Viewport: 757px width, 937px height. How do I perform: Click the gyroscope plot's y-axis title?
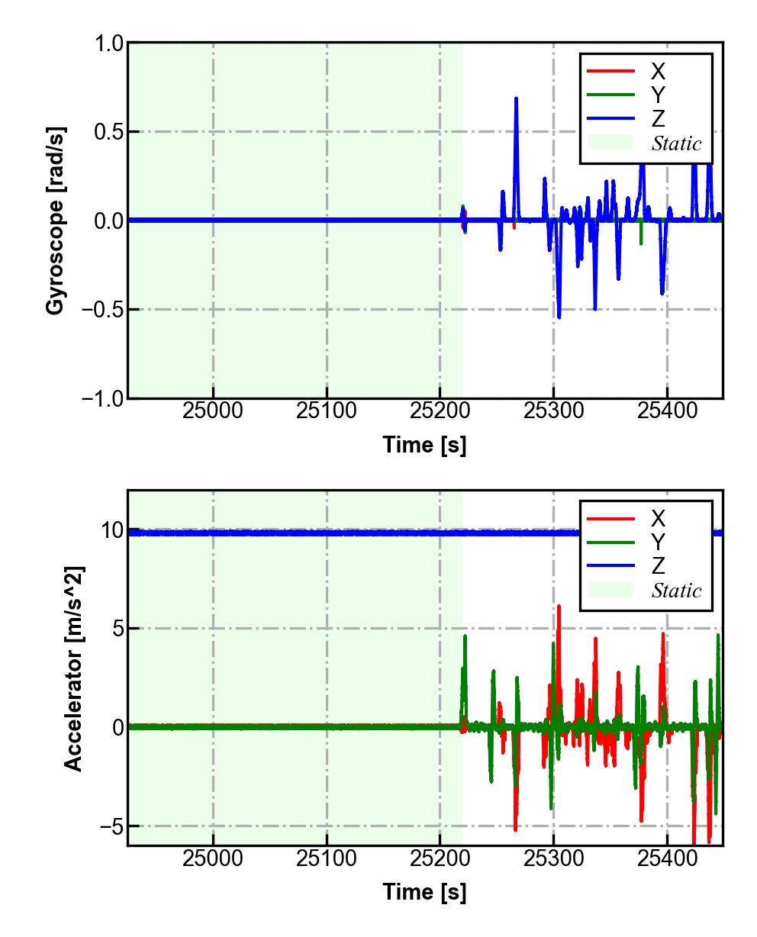point(55,221)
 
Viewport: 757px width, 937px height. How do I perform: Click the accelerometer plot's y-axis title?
point(73,668)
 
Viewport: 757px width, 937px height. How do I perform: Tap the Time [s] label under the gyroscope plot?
point(424,444)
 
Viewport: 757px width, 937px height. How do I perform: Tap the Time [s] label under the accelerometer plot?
point(424,891)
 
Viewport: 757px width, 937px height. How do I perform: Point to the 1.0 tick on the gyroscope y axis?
point(108,43)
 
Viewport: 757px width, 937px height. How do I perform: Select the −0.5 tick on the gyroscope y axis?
point(99,310)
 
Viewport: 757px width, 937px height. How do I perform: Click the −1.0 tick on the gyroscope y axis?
point(99,398)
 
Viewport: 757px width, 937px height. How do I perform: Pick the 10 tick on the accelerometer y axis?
point(112,530)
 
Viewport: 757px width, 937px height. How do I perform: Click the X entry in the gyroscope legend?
point(657,72)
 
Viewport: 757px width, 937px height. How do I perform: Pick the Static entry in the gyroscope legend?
point(676,143)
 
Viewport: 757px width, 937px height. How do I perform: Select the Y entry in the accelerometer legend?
point(657,543)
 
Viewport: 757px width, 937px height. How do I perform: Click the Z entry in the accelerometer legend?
point(657,566)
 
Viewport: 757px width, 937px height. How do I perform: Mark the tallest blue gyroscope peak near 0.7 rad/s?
point(517,98)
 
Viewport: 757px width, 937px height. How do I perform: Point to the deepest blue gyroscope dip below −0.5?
point(559,317)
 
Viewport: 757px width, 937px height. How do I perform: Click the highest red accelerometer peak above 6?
point(559,607)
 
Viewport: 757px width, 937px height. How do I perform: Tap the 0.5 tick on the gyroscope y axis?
point(108,132)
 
